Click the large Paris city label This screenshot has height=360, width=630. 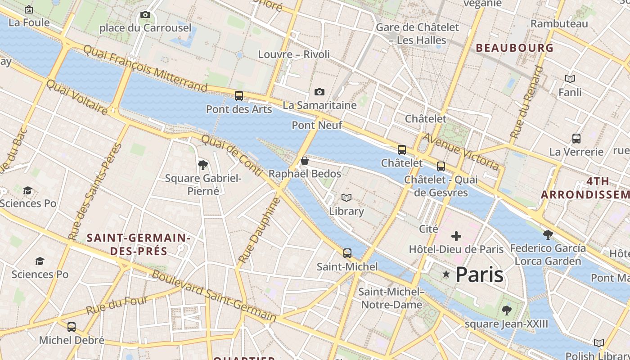479,274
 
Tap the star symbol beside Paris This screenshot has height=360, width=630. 446,274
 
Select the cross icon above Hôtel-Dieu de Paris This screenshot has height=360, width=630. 456,236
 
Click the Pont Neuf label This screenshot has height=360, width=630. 317,125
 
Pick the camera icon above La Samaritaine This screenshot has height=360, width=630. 319,92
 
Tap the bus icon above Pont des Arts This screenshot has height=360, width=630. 239,96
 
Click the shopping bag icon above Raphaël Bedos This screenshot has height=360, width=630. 305,161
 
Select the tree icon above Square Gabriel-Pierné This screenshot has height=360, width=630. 203,165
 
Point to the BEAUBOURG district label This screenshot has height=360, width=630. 514,48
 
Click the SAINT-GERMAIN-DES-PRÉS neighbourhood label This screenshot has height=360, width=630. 139,244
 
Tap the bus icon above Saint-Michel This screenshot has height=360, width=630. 347,253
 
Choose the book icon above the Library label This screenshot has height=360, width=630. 346,198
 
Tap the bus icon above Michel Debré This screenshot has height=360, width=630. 72,327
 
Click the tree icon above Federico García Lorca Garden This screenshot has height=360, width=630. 548,235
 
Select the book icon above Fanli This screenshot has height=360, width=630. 570,79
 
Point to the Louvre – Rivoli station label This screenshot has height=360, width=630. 294,54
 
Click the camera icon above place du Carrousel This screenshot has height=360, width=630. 145,15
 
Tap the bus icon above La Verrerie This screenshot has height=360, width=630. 576,139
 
